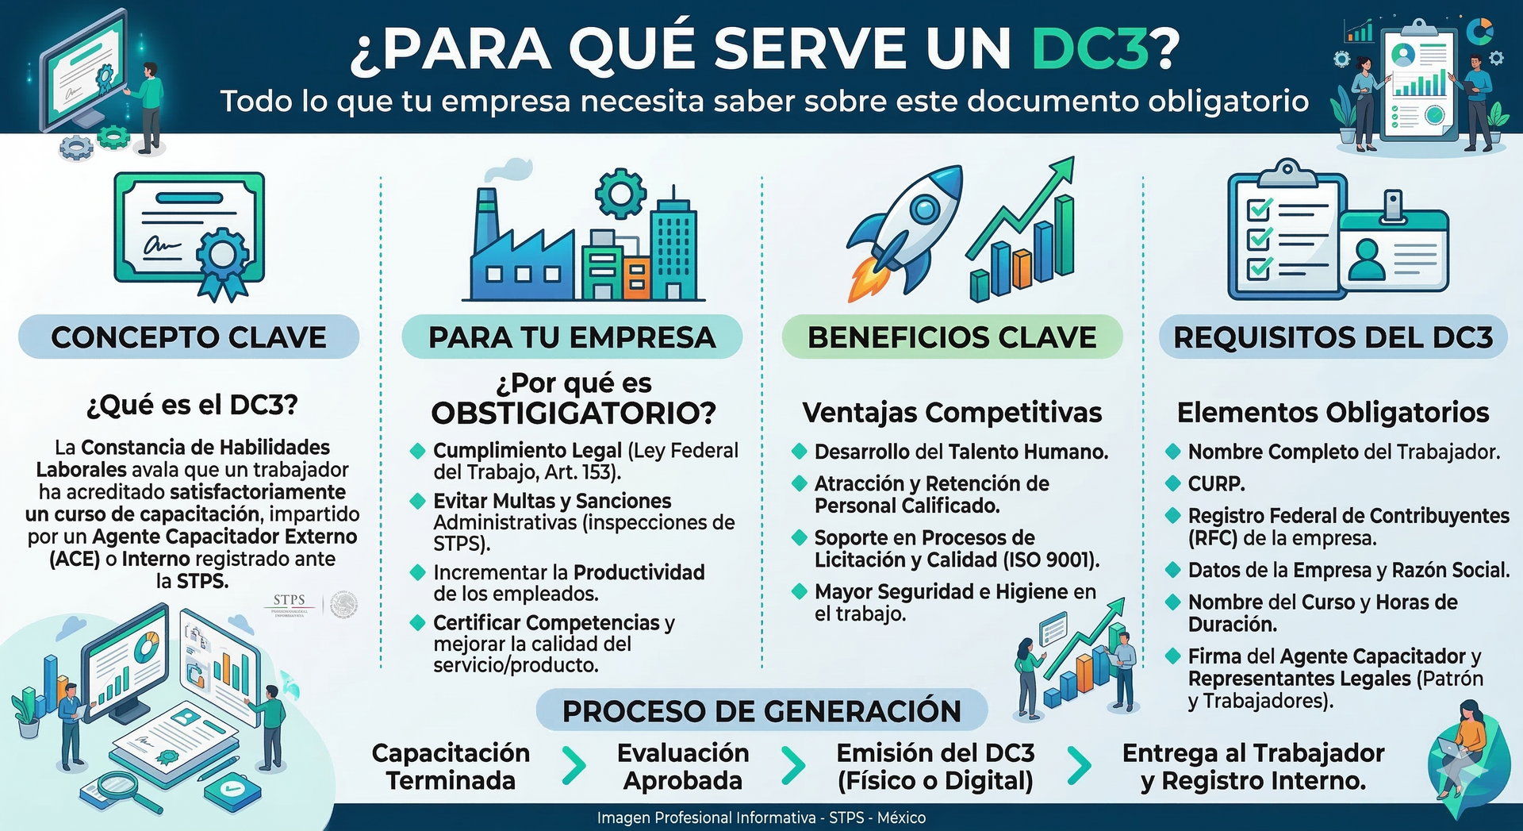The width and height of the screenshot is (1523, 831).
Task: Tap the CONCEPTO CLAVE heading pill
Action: click(x=189, y=337)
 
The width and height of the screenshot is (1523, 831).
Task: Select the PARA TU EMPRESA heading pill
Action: click(x=572, y=337)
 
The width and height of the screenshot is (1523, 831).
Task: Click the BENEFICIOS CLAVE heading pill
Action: click(x=952, y=337)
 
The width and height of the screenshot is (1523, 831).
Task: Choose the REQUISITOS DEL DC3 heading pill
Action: click(x=1333, y=337)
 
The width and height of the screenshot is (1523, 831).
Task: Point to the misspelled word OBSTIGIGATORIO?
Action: click(x=574, y=413)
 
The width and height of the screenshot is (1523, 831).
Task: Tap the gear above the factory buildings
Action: click(x=620, y=194)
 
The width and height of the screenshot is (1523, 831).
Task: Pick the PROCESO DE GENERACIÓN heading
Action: click(x=761, y=711)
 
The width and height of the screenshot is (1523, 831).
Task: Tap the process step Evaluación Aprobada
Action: click(x=683, y=767)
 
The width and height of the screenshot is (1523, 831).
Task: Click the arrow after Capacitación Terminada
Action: click(x=574, y=766)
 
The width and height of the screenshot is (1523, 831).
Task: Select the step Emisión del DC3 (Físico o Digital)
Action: click(x=935, y=767)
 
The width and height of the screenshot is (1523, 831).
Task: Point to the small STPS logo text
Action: click(x=289, y=600)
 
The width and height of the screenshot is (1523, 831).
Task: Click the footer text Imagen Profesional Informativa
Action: click(x=706, y=818)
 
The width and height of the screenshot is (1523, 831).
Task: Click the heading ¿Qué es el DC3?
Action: click(x=192, y=406)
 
